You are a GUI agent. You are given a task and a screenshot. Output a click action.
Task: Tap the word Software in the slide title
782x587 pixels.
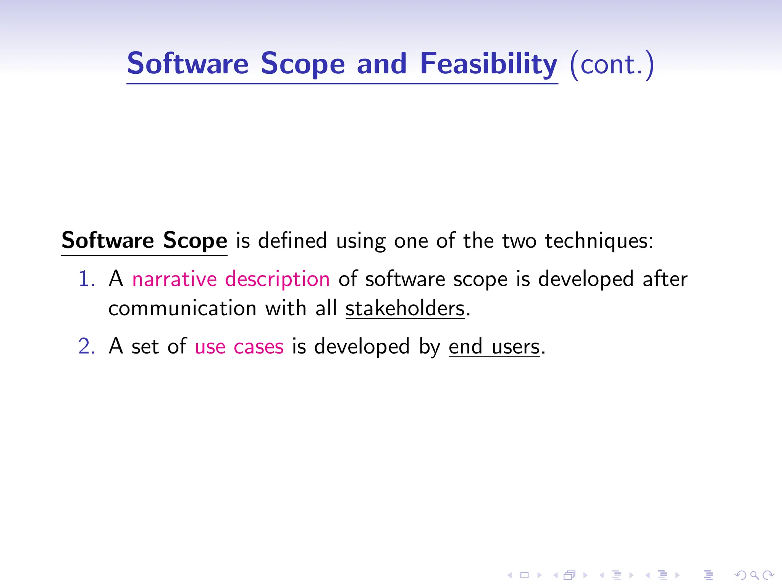[187, 63]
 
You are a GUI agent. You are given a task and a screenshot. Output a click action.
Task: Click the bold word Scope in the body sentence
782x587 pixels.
[195, 240]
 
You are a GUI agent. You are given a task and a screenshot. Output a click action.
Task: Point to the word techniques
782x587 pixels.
[598, 241]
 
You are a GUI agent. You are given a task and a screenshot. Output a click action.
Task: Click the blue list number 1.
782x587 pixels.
[86, 279]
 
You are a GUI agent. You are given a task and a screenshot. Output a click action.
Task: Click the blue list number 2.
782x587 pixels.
[86, 346]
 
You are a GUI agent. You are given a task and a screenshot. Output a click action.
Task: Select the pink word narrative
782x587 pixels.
[174, 279]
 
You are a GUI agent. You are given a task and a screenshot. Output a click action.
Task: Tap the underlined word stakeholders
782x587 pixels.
[405, 308]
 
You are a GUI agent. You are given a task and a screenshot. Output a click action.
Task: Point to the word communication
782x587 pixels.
[182, 308]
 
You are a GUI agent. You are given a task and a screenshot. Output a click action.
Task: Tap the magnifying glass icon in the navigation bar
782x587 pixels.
[754, 575]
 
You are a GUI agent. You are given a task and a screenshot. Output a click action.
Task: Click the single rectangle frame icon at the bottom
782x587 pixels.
[525, 575]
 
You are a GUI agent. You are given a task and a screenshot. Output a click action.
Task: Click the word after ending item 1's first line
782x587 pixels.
[665, 279]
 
